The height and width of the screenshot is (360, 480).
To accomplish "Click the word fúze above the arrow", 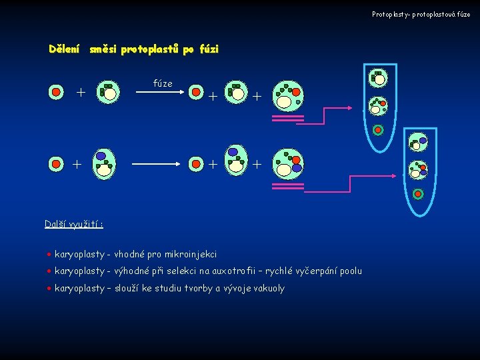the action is point(163,83).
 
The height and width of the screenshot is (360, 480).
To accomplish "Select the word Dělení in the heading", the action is point(65,49).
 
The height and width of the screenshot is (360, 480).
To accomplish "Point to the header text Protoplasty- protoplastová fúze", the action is point(421,14).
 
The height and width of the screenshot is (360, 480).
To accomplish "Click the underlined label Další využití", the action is point(73,224).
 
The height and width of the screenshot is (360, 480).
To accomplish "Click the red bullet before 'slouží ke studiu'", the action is point(49,289).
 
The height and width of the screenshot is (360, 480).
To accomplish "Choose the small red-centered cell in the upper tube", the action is point(378,129).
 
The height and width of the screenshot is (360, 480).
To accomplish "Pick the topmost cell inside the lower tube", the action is point(418,141).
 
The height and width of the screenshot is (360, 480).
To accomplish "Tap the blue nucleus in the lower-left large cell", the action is point(101,155).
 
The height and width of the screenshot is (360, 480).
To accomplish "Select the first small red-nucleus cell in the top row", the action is point(57,91).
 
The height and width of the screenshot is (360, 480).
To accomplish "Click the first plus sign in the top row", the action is point(81,92).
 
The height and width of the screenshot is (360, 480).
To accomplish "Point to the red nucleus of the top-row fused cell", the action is point(296,92).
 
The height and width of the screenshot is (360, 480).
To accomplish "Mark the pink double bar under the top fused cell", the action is point(288,120).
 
